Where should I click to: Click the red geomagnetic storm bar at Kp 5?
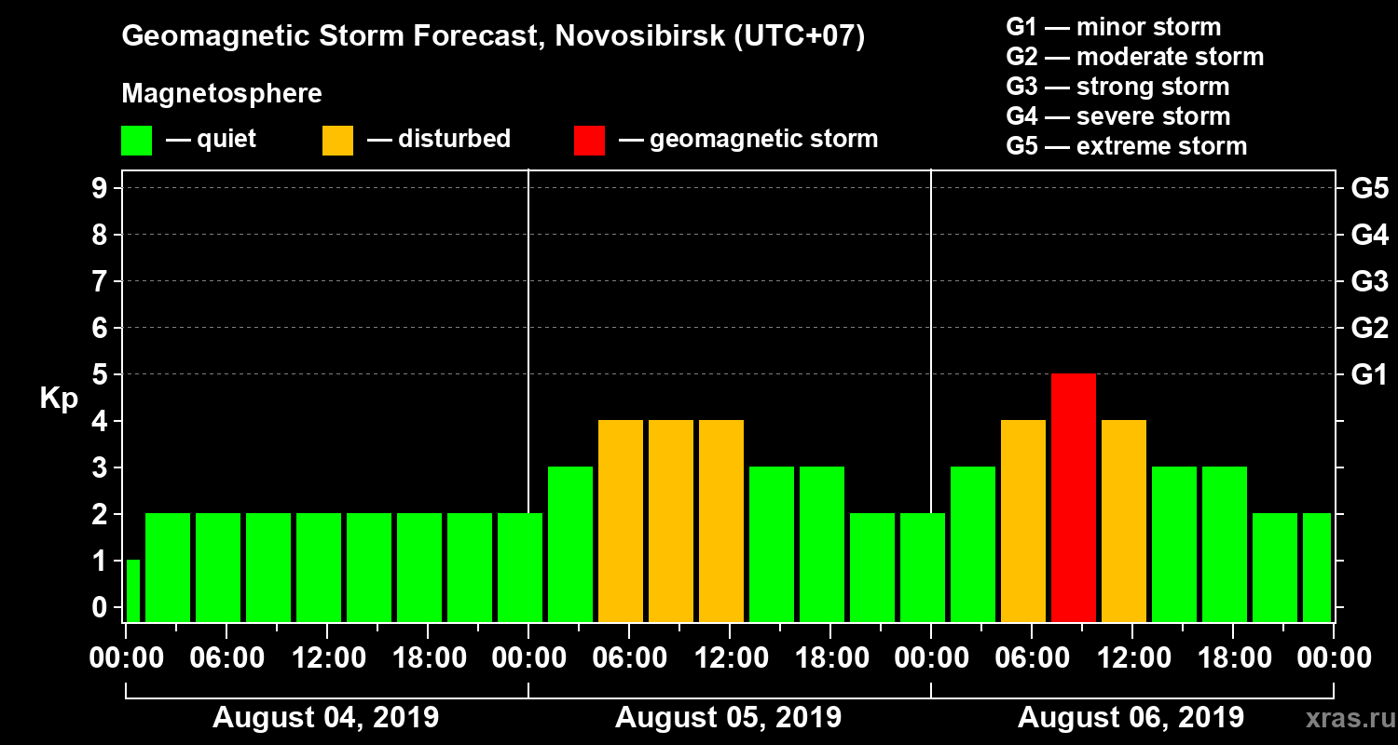1073,497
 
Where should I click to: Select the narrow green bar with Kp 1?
132,590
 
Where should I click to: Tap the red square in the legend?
589,141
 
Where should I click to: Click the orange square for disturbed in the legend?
337,141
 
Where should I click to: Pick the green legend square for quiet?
136,141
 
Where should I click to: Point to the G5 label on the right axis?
1369,189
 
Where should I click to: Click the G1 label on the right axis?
1369,375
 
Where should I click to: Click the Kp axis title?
59,399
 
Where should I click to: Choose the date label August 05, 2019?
728,718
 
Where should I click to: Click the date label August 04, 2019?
325,718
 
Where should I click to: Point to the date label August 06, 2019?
1131,718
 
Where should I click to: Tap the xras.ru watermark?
1343,718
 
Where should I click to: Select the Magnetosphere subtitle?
222,94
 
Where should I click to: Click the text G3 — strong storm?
1117,87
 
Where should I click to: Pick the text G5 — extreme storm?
1126,146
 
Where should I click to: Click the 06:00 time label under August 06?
1032,658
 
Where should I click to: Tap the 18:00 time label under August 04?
428,658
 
